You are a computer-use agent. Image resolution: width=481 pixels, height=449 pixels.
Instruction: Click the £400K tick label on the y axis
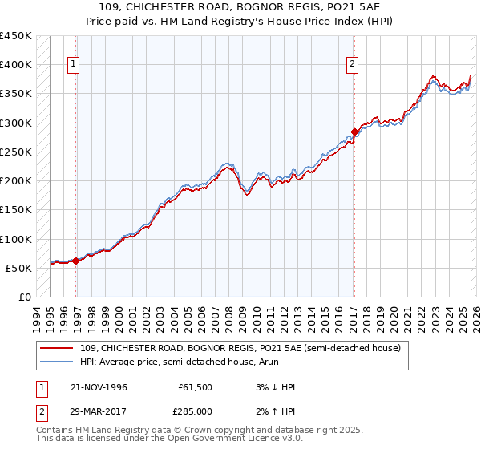click(16, 65)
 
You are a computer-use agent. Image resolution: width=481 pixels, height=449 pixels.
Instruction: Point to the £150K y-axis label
click(16, 210)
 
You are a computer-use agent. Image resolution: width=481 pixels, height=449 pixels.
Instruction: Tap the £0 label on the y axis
click(24, 297)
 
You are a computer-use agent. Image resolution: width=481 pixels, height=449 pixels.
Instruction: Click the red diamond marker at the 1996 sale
click(75, 261)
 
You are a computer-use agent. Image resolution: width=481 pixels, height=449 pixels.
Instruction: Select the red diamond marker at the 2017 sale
click(354, 131)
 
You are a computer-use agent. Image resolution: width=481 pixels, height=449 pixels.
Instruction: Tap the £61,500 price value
click(195, 387)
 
